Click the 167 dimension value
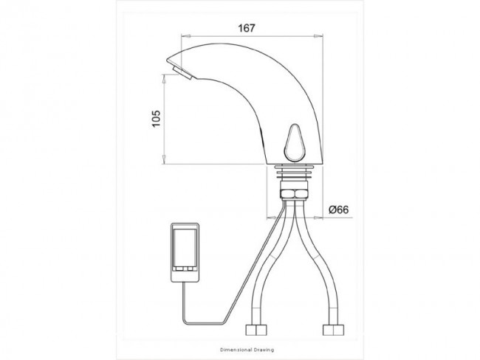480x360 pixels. pos(247,28)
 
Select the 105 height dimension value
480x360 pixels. pos(156,118)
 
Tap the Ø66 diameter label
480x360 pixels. pos(338,210)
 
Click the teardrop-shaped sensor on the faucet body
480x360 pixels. pos(294,142)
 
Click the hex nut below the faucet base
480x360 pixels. pos(294,194)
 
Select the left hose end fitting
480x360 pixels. pos(256,330)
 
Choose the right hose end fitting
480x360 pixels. pos(333,330)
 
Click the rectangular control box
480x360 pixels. pos(185,252)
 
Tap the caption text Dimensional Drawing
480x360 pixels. pos(247,350)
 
